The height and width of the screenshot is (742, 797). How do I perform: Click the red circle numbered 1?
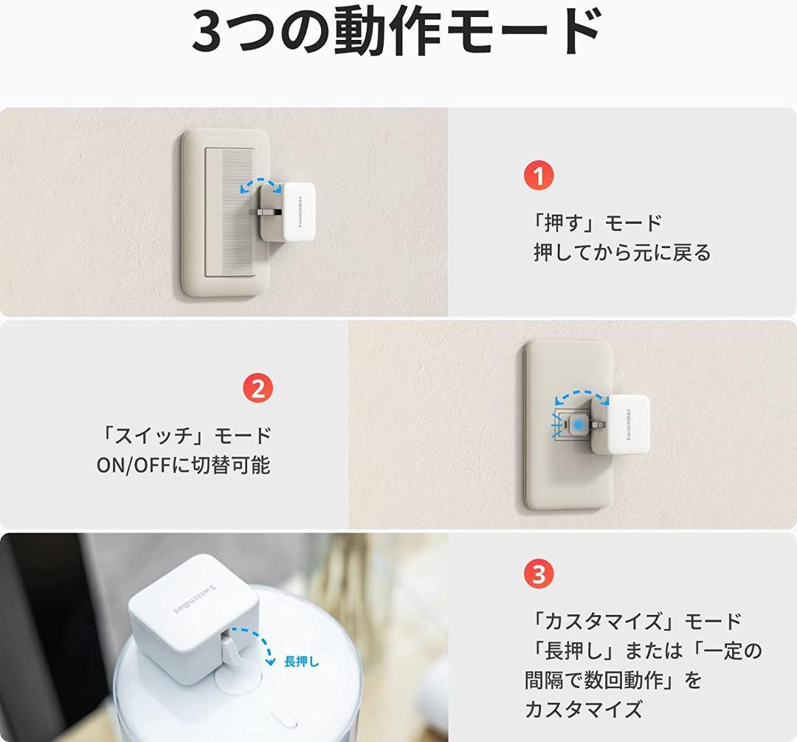(x=539, y=176)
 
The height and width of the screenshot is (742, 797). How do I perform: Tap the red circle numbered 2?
(x=258, y=388)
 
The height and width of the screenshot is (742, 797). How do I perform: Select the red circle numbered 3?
(x=539, y=574)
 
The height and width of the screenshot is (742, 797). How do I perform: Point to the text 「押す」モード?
(x=596, y=222)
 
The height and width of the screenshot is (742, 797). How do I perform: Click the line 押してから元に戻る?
(x=622, y=253)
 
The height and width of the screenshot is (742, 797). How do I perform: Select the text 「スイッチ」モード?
(x=184, y=436)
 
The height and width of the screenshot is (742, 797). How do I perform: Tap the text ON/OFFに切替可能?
(x=183, y=466)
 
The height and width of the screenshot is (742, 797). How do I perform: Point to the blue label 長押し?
(x=301, y=662)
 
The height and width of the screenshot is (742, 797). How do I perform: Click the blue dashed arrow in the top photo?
(x=261, y=185)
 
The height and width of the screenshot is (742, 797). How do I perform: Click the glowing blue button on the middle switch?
(x=579, y=425)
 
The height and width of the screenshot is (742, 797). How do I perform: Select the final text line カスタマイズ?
(x=583, y=710)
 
